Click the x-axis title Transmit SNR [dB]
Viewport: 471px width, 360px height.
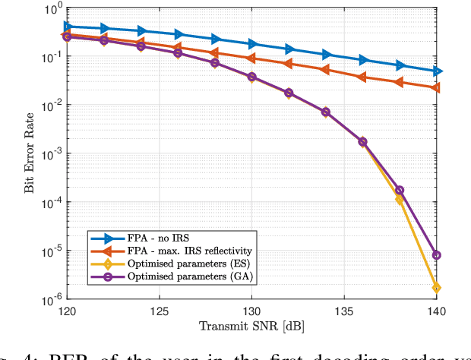point(251,327)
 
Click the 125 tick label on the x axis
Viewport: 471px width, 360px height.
point(158,311)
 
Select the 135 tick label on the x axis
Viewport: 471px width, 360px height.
point(344,311)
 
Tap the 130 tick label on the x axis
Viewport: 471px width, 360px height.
point(251,311)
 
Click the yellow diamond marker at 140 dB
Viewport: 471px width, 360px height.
point(437,288)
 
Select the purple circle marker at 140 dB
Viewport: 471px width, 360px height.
point(437,255)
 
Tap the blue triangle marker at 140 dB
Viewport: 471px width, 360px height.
point(437,71)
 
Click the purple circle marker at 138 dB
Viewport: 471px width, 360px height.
point(400,191)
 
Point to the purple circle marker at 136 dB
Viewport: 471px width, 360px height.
point(362,142)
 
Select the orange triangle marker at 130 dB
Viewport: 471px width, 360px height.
point(251,58)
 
